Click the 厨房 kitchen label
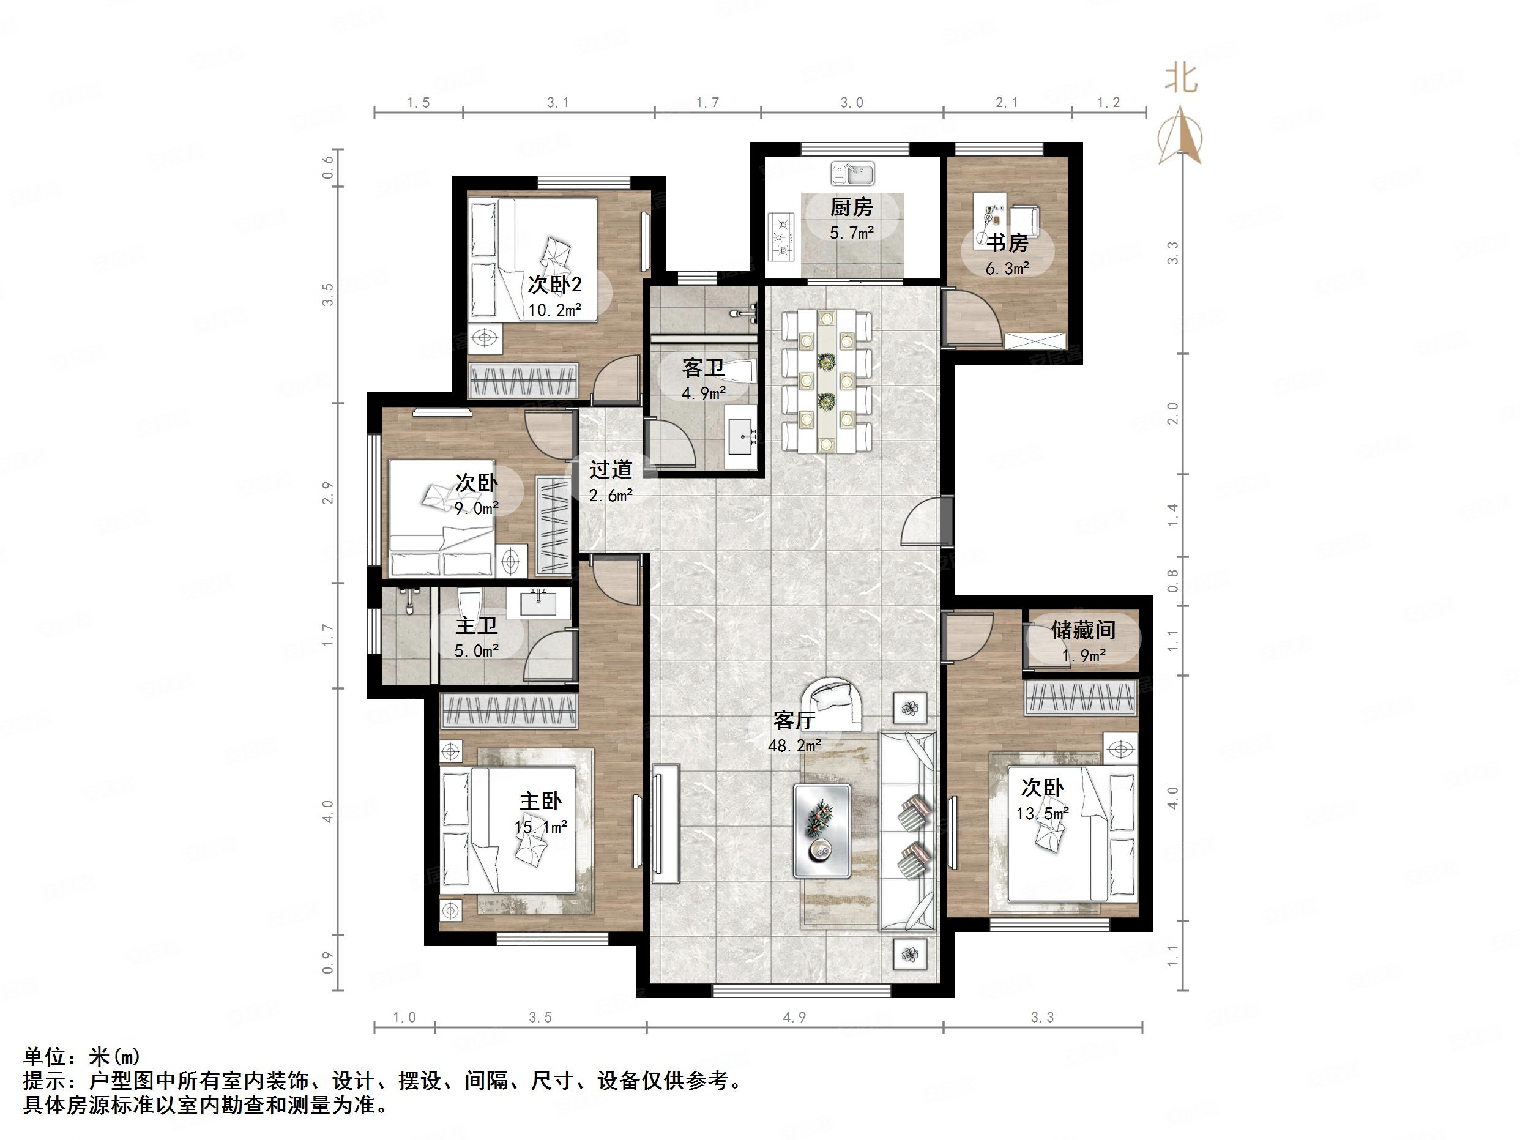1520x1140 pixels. (x=851, y=206)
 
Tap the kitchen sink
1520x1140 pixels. (x=851, y=173)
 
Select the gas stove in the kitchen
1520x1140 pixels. (x=782, y=237)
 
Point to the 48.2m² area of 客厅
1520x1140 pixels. (x=794, y=745)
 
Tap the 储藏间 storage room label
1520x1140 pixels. (x=1083, y=630)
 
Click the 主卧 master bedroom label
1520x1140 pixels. (x=541, y=800)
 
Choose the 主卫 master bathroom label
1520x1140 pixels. (x=476, y=625)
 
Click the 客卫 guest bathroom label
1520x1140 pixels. (x=703, y=368)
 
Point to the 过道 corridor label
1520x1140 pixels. (x=610, y=469)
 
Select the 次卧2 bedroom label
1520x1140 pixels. (x=554, y=284)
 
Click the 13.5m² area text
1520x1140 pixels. (x=1041, y=814)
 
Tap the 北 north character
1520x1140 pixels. (x=1180, y=78)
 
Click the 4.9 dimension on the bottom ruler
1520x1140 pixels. (x=794, y=1018)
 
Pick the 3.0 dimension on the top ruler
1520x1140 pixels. (x=851, y=102)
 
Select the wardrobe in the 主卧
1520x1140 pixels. (x=509, y=710)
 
